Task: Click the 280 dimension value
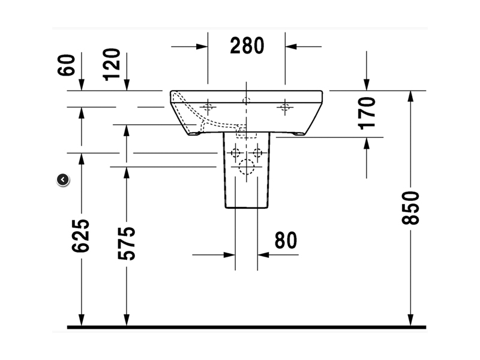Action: coord(247,46)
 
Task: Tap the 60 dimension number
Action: coord(66,65)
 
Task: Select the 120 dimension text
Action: coord(112,65)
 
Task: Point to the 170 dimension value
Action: coord(367,113)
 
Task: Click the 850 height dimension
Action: coord(410,208)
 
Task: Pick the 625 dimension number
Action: coord(80,236)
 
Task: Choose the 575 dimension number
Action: coord(127,244)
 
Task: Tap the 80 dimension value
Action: coord(286,241)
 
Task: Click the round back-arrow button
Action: coord(63,179)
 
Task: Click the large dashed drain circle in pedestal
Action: coord(247,167)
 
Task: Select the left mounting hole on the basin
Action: coord(208,107)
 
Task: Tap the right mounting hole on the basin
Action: coord(285,107)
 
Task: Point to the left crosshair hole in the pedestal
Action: coord(235,152)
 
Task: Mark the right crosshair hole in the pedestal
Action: coord(257,152)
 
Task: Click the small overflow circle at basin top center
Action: coord(247,100)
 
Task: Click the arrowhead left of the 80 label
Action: coord(230,254)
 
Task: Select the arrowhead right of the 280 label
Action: coord(291,47)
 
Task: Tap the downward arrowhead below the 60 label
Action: coord(82,85)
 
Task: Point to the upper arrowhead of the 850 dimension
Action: coord(410,97)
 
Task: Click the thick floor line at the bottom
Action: coord(247,327)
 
